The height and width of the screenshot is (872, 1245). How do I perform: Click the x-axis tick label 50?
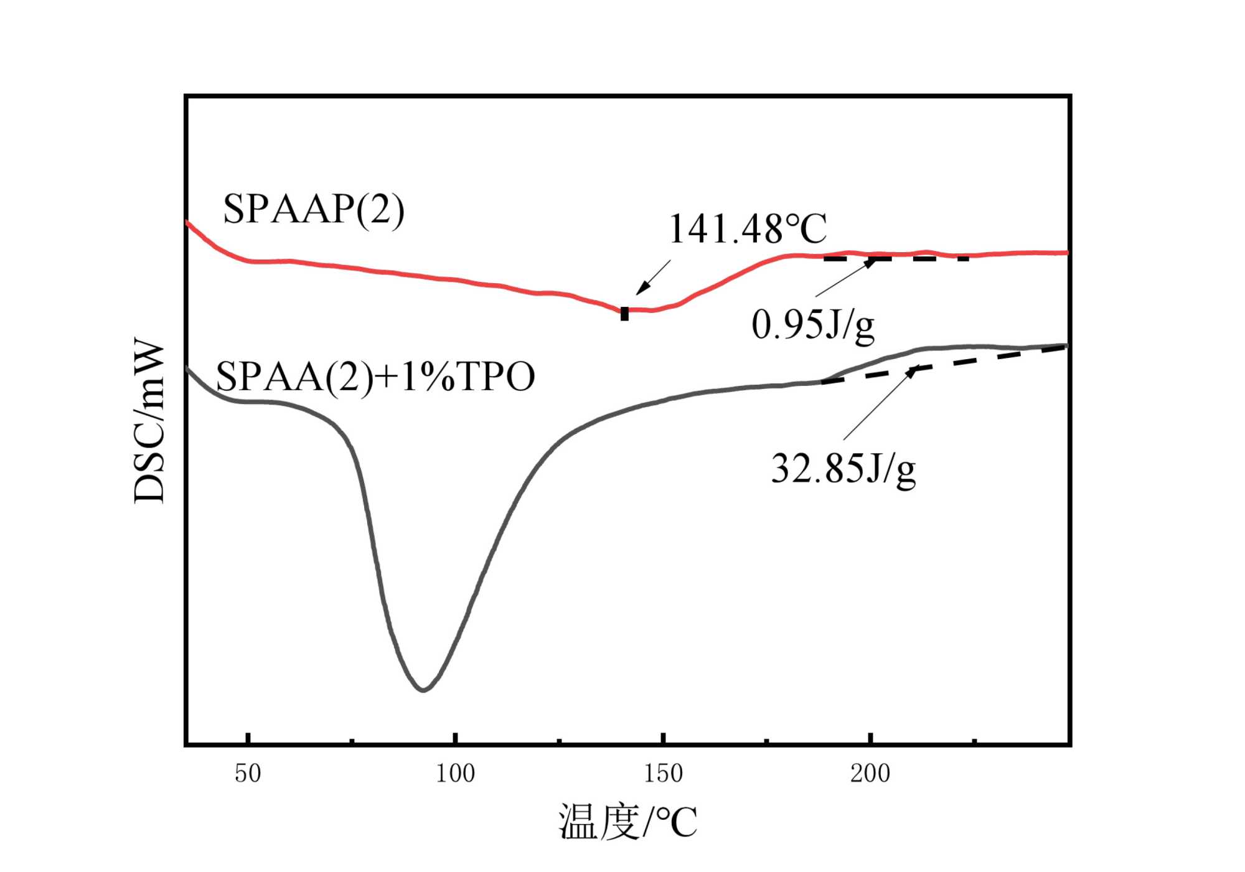tap(248, 774)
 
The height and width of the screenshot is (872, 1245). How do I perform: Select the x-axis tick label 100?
tap(455, 774)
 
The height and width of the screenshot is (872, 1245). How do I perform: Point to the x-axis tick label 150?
tap(663, 774)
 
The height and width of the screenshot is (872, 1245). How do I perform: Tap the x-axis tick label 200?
tap(870, 774)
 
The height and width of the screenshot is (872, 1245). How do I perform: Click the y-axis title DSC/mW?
tap(150, 421)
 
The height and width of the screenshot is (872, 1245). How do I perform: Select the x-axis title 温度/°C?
tap(627, 822)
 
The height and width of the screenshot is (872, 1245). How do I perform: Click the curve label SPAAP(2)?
tap(314, 209)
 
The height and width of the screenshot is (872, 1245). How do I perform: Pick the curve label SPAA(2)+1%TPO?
tap(375, 377)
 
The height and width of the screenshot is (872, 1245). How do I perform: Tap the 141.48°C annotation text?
tap(747, 229)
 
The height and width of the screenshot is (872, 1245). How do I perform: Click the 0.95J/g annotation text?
tap(813, 325)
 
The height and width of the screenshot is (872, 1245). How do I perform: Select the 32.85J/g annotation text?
tap(843, 469)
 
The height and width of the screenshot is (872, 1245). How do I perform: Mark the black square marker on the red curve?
tap(624, 314)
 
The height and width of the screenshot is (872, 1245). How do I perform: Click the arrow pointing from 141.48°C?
tap(653, 277)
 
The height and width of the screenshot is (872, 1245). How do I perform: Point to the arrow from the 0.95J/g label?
tap(845, 277)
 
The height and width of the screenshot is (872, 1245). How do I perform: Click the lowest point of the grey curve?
tap(423, 690)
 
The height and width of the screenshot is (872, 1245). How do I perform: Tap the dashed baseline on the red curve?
tap(896, 258)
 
